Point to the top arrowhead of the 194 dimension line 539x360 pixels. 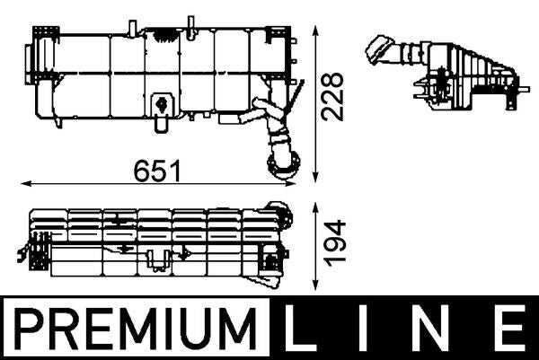tap(314, 206)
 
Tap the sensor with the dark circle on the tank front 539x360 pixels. tap(163, 104)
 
